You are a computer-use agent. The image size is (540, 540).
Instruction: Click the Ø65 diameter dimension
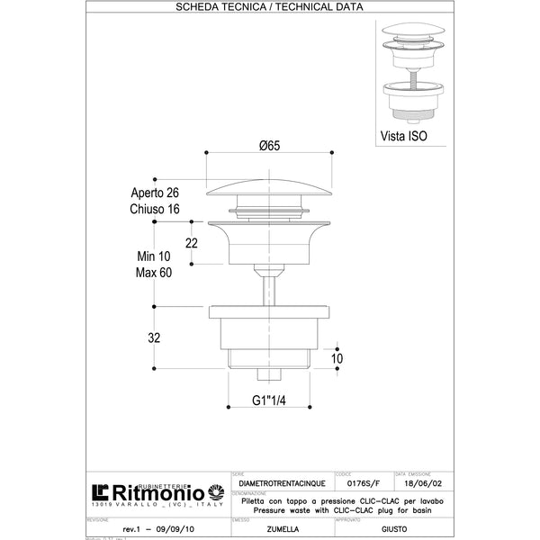pyautogui.click(x=268, y=145)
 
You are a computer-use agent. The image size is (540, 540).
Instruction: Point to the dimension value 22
pyautogui.click(x=191, y=244)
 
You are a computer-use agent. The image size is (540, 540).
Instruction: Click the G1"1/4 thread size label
pyautogui.click(x=268, y=400)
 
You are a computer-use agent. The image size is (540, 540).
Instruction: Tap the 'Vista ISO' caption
pyautogui.click(x=402, y=138)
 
